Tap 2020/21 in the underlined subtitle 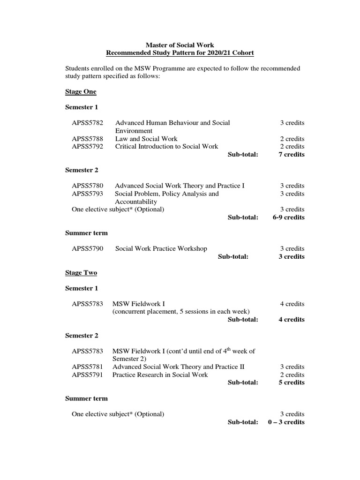pyautogui.click(x=211, y=52)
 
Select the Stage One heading pyautogui.click(x=80, y=91)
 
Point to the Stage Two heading pyautogui.click(x=81, y=272)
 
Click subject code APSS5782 pyautogui.click(x=87, y=123)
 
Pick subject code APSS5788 pyautogui.click(x=87, y=139)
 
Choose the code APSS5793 pyautogui.click(x=87, y=194)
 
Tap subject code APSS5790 pyautogui.click(x=87, y=248)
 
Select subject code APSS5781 pyautogui.click(x=87, y=367)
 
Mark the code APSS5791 pyautogui.click(x=87, y=375)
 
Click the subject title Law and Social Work pyautogui.click(x=146, y=139)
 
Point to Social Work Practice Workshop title pyautogui.click(x=161, y=248)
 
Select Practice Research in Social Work pyautogui.click(x=160, y=375)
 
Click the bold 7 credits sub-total pyautogui.click(x=291, y=154)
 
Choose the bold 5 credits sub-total pyautogui.click(x=291, y=382)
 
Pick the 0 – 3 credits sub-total pyautogui.click(x=286, y=422)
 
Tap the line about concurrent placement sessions pyautogui.click(x=181, y=312)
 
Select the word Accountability pyautogui.click(x=136, y=202)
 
